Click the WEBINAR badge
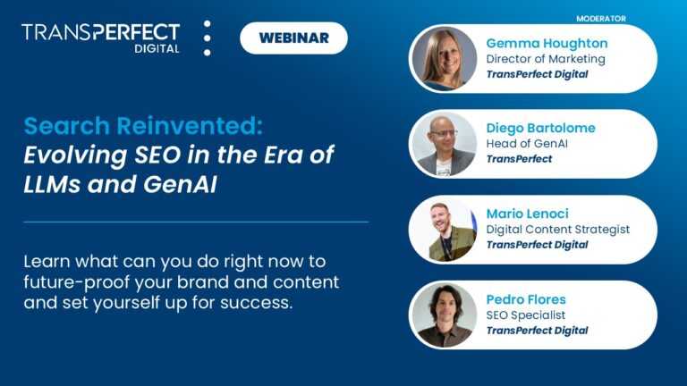[293, 38]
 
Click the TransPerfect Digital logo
[100, 38]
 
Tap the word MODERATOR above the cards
[600, 18]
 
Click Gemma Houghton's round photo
[444, 59]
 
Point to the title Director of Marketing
[546, 59]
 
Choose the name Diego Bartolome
[540, 128]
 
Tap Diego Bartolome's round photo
[444, 144]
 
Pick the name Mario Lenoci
[528, 214]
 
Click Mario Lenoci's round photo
[444, 230]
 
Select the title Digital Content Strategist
[557, 230]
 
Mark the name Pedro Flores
[526, 298]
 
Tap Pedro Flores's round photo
[444, 315]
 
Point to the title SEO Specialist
[525, 315]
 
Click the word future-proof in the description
[74, 282]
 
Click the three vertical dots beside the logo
[207, 38]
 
